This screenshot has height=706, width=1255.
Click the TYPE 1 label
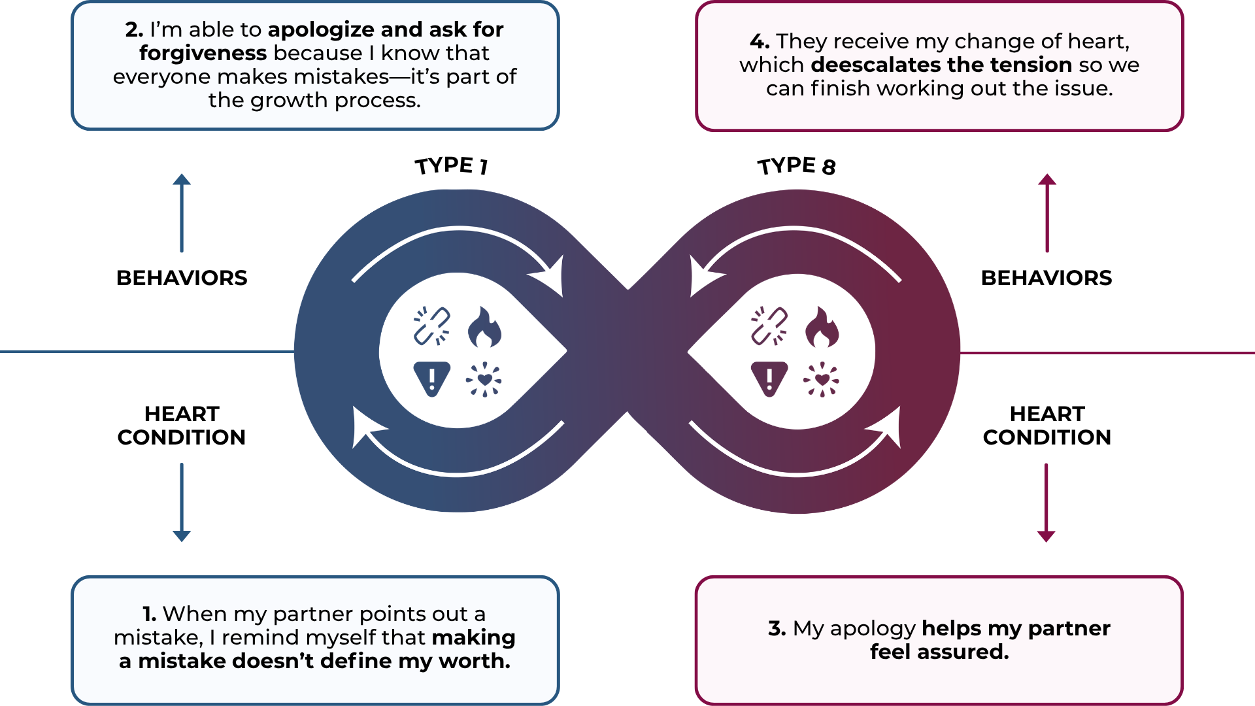tap(452, 165)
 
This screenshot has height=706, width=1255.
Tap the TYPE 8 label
tap(796, 166)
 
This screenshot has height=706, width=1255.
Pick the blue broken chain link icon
tap(431, 326)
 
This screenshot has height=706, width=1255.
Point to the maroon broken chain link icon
tap(769, 326)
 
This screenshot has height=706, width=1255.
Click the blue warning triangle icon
tap(432, 378)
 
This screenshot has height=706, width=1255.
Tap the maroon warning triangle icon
tap(769, 378)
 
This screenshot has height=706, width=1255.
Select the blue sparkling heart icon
tap(484, 379)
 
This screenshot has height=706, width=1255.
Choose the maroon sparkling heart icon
tap(822, 379)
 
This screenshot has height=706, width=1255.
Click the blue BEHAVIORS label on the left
tap(182, 278)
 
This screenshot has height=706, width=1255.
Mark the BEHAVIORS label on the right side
tap(1046, 278)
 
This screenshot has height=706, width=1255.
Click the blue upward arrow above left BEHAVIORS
tap(182, 213)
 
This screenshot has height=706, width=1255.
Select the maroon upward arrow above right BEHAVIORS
tap(1047, 213)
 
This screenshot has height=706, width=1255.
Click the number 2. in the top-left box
tap(134, 30)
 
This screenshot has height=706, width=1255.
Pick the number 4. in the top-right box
tap(760, 42)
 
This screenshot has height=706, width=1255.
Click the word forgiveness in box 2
tap(203, 53)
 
